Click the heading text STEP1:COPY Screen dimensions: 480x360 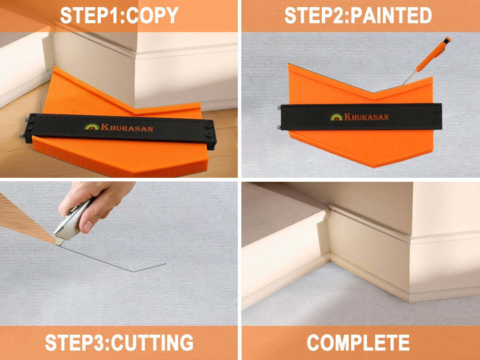click(120, 15)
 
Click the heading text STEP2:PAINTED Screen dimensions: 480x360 click(358, 15)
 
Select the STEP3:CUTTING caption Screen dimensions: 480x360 click(120, 343)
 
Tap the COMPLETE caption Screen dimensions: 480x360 click(358, 343)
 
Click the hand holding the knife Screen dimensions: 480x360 click(96, 204)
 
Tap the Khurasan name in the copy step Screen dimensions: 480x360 click(127, 128)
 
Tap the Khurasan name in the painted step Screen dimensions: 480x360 click(366, 116)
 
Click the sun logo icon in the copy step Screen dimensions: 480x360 click(92, 126)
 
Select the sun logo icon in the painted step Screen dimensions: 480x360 click(336, 116)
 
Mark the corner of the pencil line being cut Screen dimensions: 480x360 click(133, 272)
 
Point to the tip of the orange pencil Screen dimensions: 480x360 click(403, 85)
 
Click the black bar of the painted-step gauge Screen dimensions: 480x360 click(361, 116)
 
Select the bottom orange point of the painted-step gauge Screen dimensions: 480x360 click(374, 166)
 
